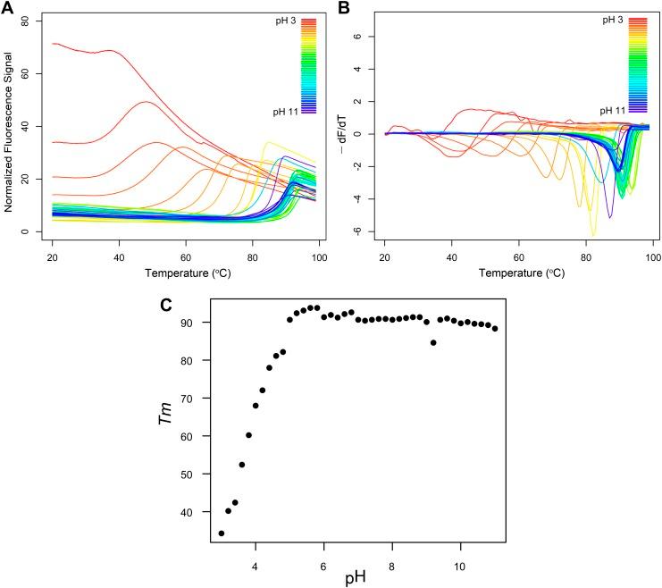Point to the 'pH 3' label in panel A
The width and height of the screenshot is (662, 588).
click(x=284, y=19)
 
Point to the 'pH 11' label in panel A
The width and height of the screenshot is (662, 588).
click(x=281, y=111)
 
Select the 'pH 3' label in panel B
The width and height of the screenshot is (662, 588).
click(x=616, y=19)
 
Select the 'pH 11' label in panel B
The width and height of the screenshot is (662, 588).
click(x=613, y=111)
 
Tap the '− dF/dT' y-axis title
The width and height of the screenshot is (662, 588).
click(x=343, y=124)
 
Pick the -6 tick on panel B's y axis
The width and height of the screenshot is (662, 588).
click(x=367, y=231)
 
